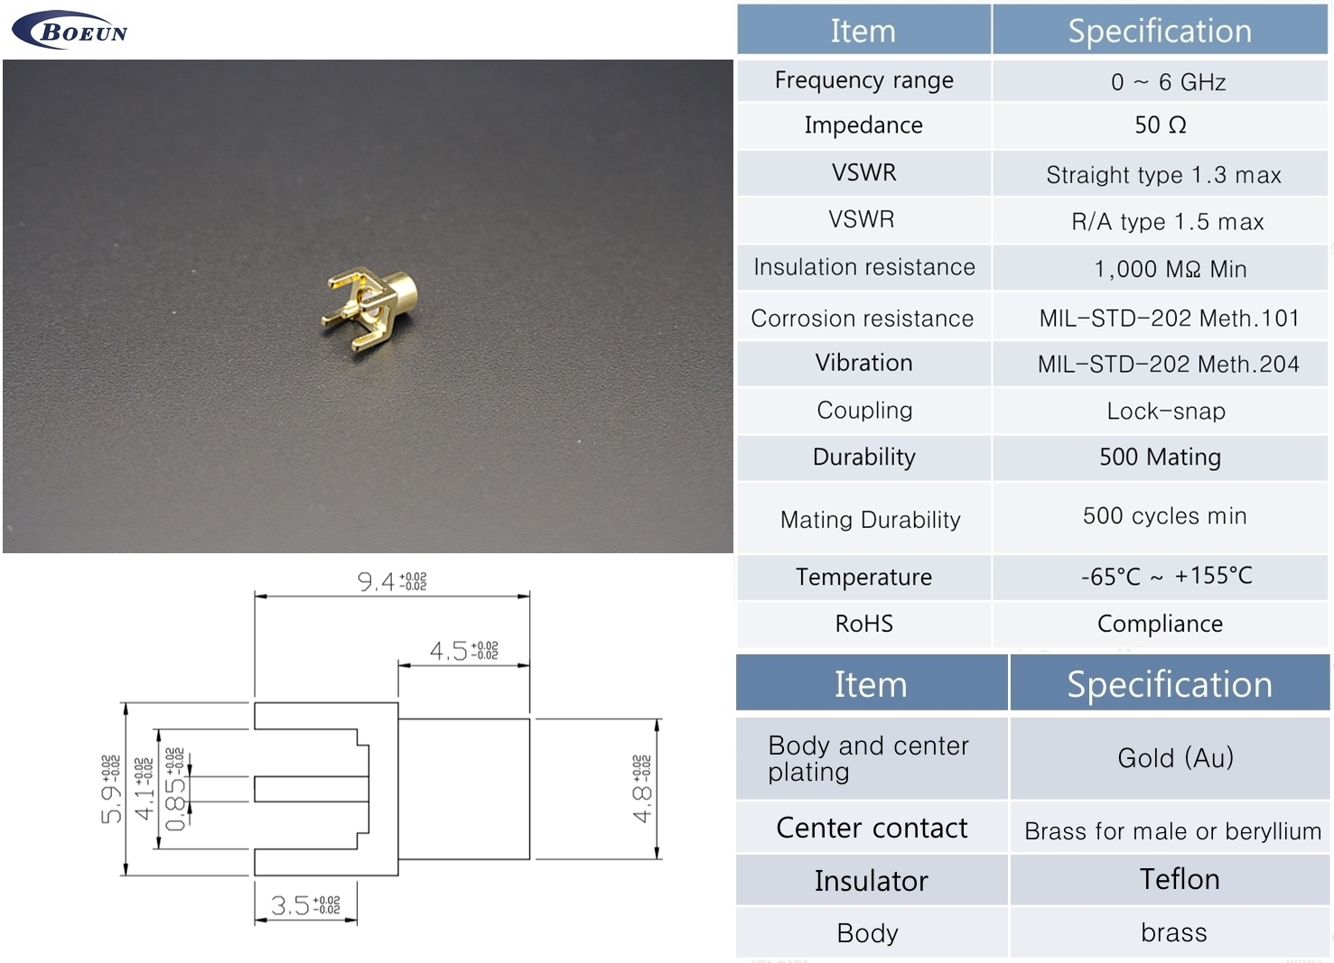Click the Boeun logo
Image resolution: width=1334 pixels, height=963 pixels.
coord(70,30)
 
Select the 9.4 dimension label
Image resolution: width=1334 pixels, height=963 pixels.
coord(392,581)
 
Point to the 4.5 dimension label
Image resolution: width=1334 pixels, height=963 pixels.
coord(464,651)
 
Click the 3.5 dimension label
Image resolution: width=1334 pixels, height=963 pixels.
coord(305,905)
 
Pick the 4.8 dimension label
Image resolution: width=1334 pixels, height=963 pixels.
coord(642,789)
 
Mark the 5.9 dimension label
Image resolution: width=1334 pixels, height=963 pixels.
coord(111,789)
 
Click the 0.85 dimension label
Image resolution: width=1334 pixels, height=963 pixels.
coord(174,789)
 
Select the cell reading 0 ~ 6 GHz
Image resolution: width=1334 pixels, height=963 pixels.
coord(1168,82)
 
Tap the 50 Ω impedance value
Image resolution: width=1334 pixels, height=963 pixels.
coord(1160,125)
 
